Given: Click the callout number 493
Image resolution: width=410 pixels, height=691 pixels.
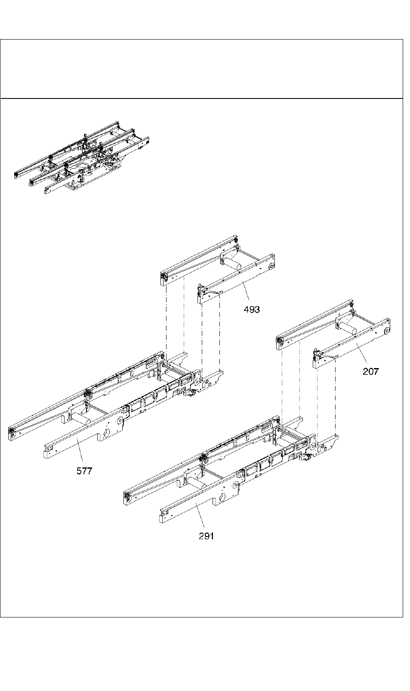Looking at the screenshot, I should coord(252,309).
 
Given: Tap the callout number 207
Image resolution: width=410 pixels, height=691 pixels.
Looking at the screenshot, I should coord(370,372).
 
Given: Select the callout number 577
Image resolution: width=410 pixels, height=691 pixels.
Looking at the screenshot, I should coord(84,471).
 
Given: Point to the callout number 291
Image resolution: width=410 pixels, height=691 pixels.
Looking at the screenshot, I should coord(206,536).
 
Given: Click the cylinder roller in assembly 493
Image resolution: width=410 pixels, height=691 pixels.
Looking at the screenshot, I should coord(231,262).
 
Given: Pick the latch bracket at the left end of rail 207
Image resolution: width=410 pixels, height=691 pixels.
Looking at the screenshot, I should coord(317,355).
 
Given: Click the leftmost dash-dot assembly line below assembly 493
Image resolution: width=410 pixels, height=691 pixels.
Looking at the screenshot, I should coord(166,318).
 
